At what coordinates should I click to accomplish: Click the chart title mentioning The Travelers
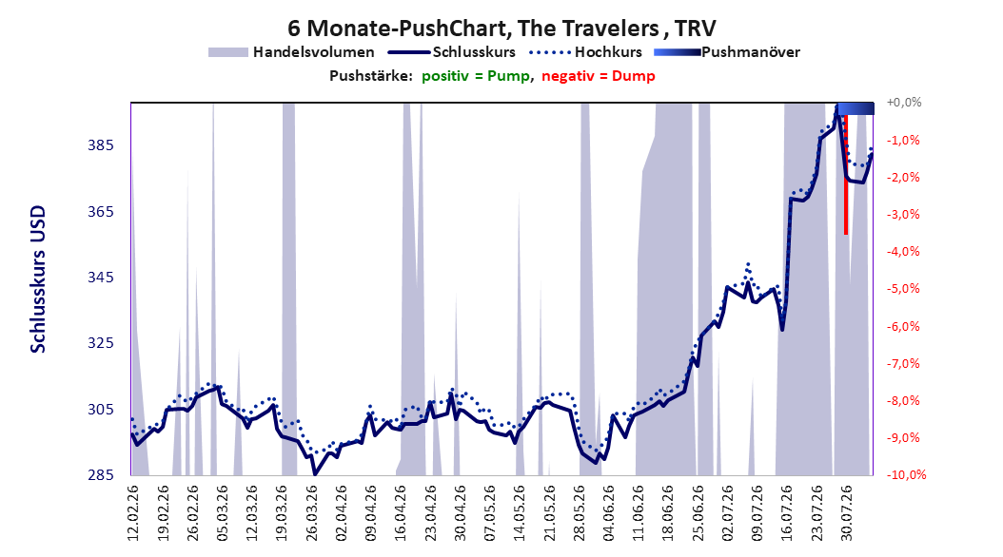tap(501, 29)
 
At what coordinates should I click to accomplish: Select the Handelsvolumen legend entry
tap(291, 52)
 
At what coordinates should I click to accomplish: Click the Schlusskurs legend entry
tap(452, 52)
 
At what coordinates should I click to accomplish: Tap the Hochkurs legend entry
tap(586, 52)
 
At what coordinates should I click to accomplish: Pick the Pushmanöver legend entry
tap(727, 52)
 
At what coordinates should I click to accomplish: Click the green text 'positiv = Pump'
tap(476, 76)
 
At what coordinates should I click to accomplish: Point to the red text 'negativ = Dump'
tap(599, 76)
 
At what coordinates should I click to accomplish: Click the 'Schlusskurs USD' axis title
tap(38, 278)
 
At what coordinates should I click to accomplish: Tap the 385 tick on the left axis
tap(101, 145)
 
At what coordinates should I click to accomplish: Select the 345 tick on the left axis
tap(101, 278)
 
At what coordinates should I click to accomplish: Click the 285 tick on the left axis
tap(101, 474)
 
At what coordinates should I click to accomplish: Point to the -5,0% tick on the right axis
tap(903, 289)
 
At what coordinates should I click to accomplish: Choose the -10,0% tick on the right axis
tap(906, 474)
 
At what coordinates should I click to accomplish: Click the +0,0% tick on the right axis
tap(904, 103)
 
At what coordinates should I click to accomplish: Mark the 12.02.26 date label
tap(133, 513)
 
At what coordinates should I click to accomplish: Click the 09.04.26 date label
tap(371, 513)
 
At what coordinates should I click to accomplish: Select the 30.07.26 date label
tap(846, 513)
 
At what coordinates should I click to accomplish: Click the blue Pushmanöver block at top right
tap(855, 108)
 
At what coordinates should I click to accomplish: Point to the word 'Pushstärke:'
tap(371, 76)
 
